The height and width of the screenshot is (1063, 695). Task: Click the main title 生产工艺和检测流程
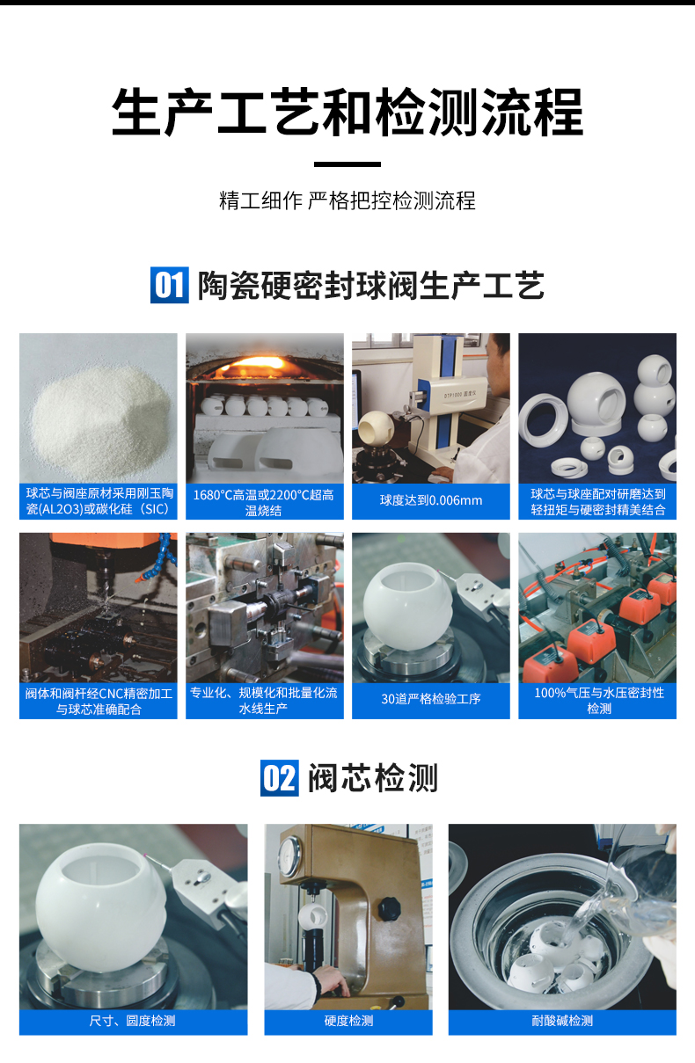tap(347, 112)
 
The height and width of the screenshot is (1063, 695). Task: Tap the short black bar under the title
tap(347, 164)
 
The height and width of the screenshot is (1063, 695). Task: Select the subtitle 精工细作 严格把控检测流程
tap(347, 200)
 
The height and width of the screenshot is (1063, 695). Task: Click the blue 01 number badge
tap(169, 286)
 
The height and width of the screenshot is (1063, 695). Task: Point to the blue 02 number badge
tap(279, 778)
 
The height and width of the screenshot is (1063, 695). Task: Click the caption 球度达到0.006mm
tap(431, 501)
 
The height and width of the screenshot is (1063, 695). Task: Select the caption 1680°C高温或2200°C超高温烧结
tap(264, 502)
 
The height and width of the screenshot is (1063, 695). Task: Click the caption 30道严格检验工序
tap(431, 700)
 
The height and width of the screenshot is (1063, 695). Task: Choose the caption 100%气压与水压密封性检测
tap(598, 700)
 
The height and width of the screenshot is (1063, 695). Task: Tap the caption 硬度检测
tap(348, 1021)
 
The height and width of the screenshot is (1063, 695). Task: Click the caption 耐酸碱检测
tap(562, 1021)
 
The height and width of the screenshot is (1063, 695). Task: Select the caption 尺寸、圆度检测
tap(133, 1021)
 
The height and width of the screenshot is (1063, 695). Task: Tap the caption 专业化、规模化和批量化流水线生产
tap(264, 700)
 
